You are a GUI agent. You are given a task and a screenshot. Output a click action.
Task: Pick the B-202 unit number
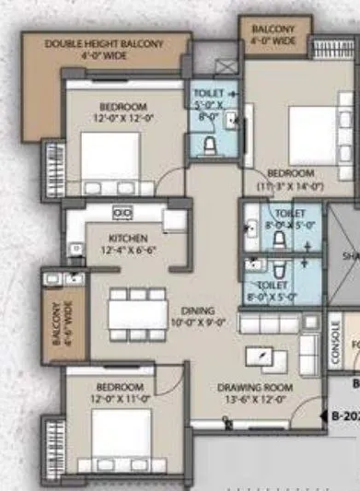pos(344,415)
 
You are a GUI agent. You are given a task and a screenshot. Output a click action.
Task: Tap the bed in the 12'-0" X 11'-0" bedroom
pos(121,436)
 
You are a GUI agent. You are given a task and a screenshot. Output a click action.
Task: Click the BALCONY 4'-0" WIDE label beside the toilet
pos(273,34)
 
